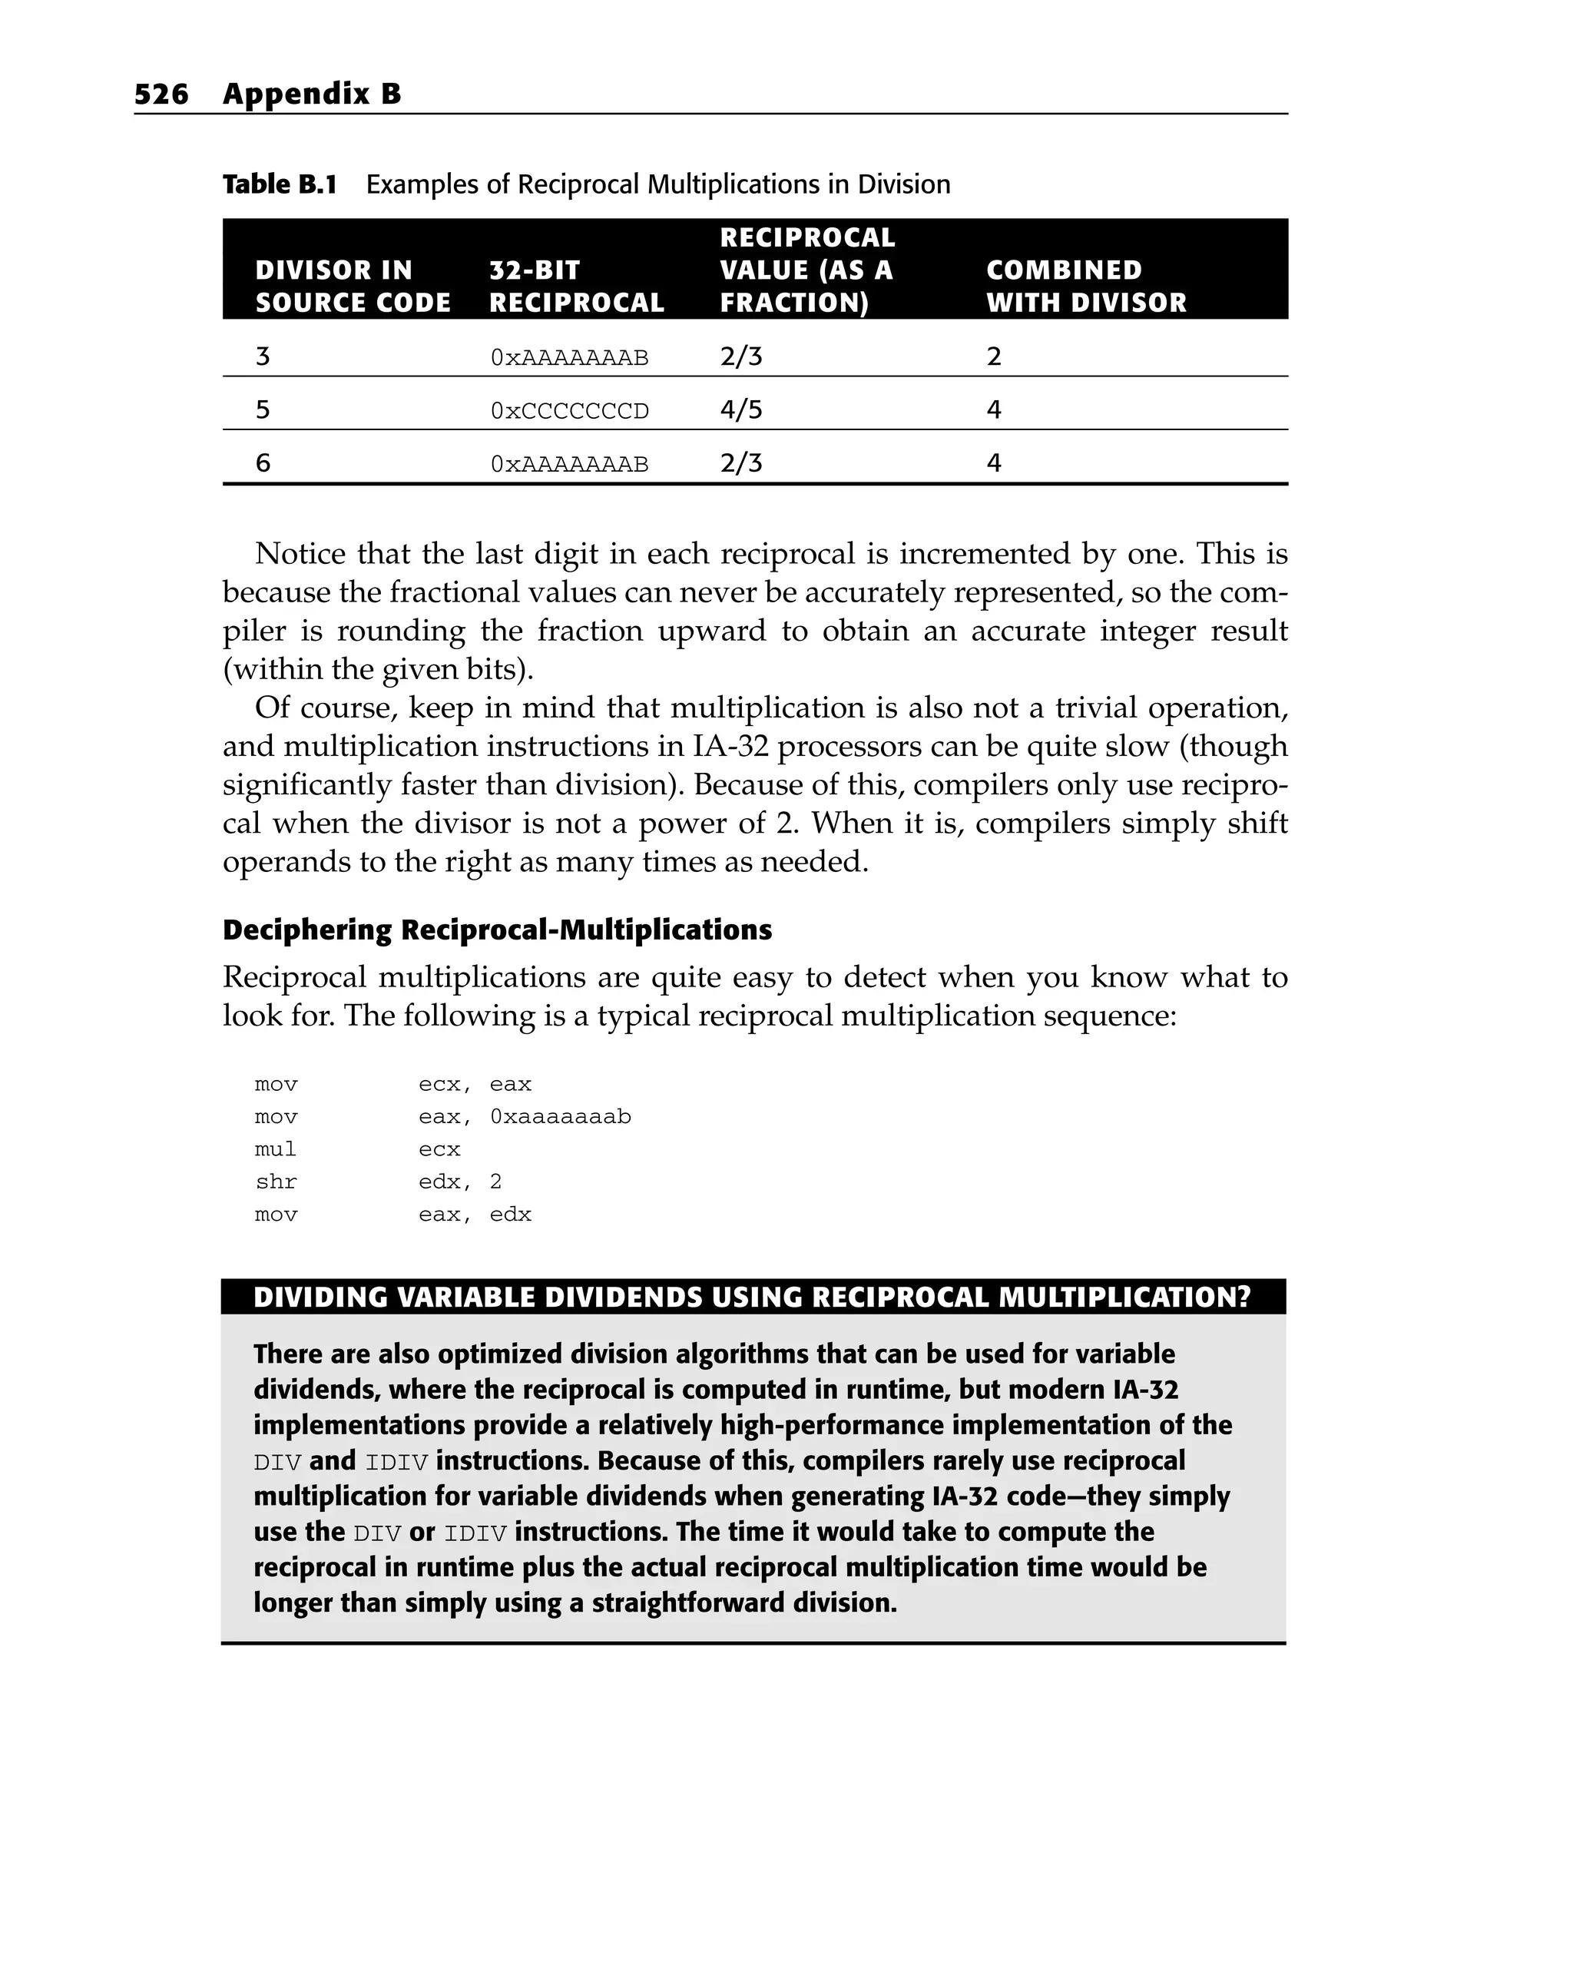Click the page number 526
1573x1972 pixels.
click(x=161, y=94)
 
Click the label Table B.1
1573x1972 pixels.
click(x=280, y=185)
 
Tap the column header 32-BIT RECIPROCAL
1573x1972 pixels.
click(x=575, y=287)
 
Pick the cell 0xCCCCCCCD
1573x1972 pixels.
click(x=569, y=411)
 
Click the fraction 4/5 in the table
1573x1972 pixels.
click(x=740, y=409)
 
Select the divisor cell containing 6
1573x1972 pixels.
click(x=263, y=462)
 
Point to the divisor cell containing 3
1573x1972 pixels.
click(x=263, y=356)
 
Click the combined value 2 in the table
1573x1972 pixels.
click(x=994, y=356)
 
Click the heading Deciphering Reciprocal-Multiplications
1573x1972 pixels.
click(x=497, y=930)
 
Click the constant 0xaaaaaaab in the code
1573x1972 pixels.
click(x=560, y=1117)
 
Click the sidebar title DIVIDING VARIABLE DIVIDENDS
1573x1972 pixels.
click(x=752, y=1297)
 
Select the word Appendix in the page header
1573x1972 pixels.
click(x=288, y=94)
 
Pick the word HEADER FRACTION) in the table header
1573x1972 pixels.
click(x=794, y=303)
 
